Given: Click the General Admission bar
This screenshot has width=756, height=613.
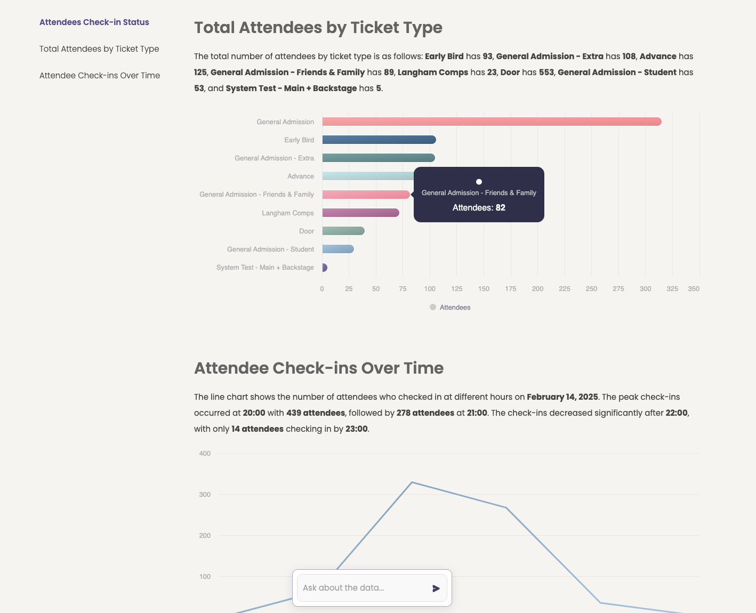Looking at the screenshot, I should tap(490, 122).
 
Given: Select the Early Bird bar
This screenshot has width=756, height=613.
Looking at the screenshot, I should tap(379, 140).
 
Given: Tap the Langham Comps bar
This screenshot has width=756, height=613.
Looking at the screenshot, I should tap(360, 213).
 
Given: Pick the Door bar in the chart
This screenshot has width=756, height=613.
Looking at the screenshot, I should tap(343, 231).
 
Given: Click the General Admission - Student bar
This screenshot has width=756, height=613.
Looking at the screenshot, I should tap(337, 249).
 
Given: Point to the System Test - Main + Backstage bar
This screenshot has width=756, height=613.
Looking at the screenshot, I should tap(324, 268).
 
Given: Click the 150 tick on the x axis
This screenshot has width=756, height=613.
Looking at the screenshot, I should tap(484, 289).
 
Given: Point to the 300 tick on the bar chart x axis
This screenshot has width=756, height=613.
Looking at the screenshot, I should tap(645, 289).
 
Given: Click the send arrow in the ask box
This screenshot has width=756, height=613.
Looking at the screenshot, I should tap(436, 588).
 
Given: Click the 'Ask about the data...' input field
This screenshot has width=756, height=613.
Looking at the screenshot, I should tap(363, 588).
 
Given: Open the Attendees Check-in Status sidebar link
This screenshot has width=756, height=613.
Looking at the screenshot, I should tap(94, 22).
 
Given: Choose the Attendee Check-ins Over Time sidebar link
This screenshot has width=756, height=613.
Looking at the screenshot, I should tap(100, 76).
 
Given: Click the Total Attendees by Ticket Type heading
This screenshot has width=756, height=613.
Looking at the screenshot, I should tap(318, 28).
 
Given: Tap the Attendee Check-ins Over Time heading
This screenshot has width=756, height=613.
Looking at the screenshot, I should tap(319, 368).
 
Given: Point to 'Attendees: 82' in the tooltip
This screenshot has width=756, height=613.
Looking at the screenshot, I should tap(479, 208).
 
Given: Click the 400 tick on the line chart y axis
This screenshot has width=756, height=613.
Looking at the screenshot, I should tap(205, 454).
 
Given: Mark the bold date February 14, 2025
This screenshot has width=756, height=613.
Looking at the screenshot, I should tap(562, 397).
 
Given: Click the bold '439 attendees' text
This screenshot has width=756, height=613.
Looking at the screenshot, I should tap(316, 413).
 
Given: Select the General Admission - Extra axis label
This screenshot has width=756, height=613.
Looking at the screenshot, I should tap(274, 158).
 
